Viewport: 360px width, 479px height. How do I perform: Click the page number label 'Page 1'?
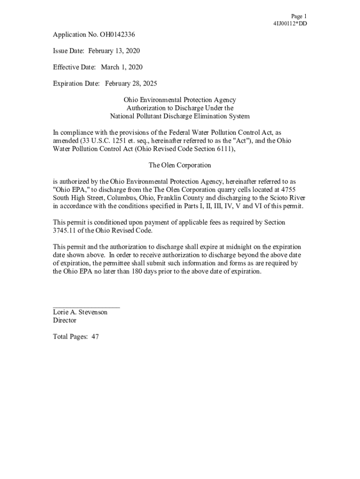(x=299, y=16)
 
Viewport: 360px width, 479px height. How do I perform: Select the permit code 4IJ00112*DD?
(x=290, y=24)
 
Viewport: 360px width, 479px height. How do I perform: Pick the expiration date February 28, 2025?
(x=131, y=84)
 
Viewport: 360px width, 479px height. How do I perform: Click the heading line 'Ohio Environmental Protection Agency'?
(x=180, y=100)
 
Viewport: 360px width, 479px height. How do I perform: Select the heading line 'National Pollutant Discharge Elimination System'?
(x=180, y=116)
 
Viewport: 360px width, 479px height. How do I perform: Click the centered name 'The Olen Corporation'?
(x=180, y=165)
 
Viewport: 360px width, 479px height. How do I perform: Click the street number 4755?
(x=296, y=189)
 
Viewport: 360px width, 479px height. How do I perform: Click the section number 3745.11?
(x=65, y=231)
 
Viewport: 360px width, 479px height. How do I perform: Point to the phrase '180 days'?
(x=144, y=271)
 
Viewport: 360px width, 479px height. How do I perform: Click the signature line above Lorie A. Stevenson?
(x=86, y=307)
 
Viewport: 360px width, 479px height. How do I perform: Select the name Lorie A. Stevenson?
(x=80, y=312)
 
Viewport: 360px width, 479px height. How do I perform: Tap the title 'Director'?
(x=65, y=320)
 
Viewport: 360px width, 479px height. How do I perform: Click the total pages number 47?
(x=95, y=336)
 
